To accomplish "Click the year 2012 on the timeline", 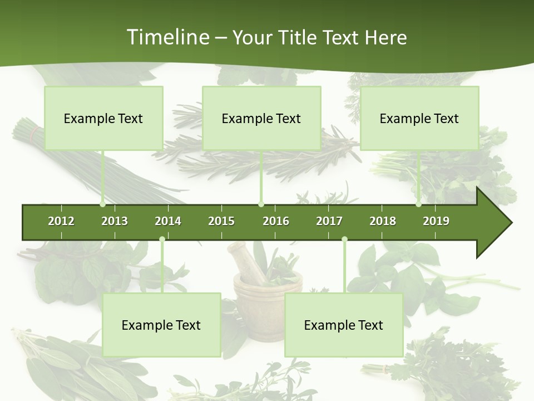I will (61, 221).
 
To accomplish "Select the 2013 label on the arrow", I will (115, 221).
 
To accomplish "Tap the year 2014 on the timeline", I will (168, 221).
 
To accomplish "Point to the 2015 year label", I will (221, 221).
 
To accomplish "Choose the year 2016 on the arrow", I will (276, 221).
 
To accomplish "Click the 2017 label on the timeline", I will (329, 221).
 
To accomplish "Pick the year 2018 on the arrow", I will (383, 221).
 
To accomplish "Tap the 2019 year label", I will (436, 221).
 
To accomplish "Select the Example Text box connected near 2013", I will (103, 118).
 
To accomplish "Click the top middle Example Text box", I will (261, 118).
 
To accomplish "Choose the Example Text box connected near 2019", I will (419, 118).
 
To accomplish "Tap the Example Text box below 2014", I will (161, 325).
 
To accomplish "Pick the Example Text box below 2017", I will (344, 325).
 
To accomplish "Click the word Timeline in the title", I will (167, 37).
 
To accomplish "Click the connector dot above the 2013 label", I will (102, 204).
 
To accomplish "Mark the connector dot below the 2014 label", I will (162, 239).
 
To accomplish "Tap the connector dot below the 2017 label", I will (344, 239).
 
